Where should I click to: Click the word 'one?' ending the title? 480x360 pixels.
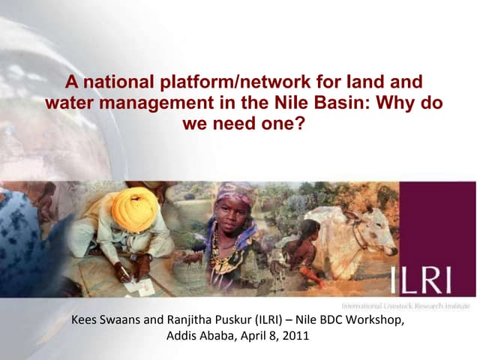pyautogui.click(x=286, y=122)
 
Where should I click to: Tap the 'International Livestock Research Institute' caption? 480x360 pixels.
pyautogui.click(x=405, y=306)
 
